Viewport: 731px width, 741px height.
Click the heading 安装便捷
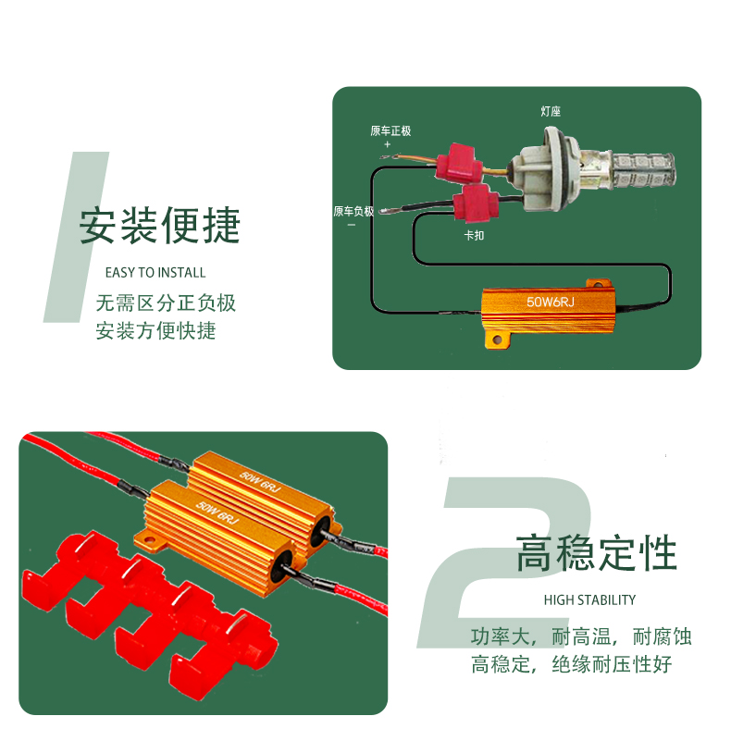point(159,226)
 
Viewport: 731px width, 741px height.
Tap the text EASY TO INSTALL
point(155,273)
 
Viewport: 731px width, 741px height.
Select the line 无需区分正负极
point(166,303)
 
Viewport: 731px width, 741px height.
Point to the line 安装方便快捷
point(155,330)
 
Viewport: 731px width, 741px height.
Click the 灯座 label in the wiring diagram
point(551,111)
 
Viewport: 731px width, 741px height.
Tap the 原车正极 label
point(390,130)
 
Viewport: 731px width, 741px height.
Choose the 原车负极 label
point(353,211)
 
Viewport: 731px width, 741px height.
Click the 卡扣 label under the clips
point(474,235)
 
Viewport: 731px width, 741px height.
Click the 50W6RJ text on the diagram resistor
point(551,302)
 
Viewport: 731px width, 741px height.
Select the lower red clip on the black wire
point(476,203)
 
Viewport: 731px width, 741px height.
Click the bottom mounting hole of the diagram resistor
point(497,340)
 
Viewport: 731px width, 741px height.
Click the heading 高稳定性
point(596,553)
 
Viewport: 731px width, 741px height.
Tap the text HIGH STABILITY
point(589,600)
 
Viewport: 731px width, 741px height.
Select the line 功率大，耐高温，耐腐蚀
point(581,636)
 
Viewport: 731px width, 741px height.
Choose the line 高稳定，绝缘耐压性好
point(571,664)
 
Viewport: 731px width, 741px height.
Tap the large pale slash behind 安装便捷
point(76,236)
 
